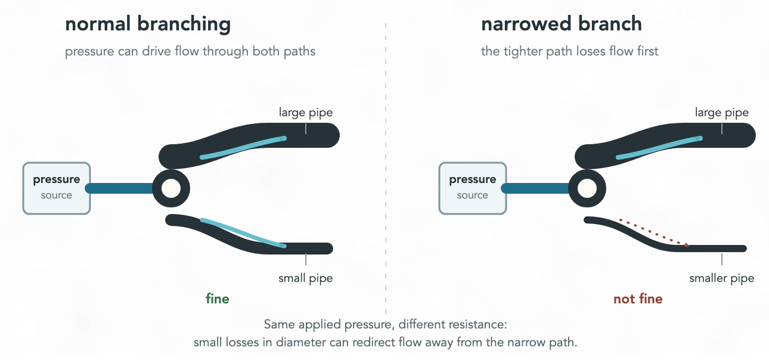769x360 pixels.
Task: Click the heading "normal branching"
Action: point(147,24)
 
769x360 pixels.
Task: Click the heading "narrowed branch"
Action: point(561,24)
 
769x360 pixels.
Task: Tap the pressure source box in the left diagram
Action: point(57,188)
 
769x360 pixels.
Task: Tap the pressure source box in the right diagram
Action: point(473,188)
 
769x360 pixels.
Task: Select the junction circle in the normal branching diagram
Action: point(171,188)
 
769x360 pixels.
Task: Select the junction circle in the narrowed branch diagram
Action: point(587,188)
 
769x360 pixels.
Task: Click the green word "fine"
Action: point(217,299)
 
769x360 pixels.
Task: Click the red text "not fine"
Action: point(638,299)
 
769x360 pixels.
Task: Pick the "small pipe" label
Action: point(305,278)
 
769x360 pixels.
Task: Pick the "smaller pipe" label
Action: point(721,278)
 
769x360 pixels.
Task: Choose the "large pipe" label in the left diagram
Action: point(305,113)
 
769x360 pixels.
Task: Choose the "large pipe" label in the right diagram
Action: point(721,113)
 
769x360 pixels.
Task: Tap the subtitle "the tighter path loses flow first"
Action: point(569,51)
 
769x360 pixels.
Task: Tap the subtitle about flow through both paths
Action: point(190,51)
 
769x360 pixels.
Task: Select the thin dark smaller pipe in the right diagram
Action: point(715,248)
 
